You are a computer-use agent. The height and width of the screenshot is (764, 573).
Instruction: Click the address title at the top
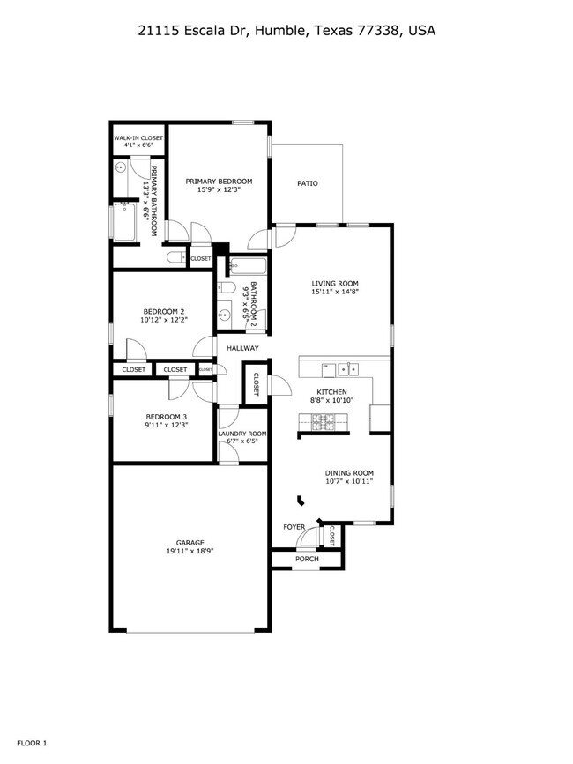[286, 30]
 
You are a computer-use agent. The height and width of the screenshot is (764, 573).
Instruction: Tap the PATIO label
[307, 183]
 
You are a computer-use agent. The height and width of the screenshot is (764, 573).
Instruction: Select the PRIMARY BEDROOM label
[219, 181]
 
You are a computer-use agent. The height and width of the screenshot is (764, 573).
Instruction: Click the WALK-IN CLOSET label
[138, 138]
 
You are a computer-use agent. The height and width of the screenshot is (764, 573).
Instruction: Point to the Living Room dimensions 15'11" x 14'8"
[335, 293]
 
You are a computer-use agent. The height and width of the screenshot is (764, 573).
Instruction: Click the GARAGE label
[190, 542]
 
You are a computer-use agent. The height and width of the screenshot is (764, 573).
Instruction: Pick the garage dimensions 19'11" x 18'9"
[190, 551]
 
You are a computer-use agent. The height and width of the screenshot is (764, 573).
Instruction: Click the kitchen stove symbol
[324, 425]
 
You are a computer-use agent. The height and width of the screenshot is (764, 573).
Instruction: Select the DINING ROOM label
[349, 472]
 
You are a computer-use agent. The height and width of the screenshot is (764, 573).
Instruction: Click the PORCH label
[307, 559]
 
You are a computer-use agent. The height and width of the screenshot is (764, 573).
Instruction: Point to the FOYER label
[294, 527]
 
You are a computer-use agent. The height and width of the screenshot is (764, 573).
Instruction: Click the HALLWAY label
[242, 348]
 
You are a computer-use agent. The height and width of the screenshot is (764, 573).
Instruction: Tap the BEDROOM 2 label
[164, 311]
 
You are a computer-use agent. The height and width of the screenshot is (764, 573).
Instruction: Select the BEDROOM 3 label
[167, 416]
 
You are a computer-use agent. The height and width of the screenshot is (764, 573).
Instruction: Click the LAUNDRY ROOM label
[242, 434]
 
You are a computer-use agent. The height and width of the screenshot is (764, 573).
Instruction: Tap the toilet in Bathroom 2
[225, 288]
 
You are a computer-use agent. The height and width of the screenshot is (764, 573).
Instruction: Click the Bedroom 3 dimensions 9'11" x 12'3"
[167, 426]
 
